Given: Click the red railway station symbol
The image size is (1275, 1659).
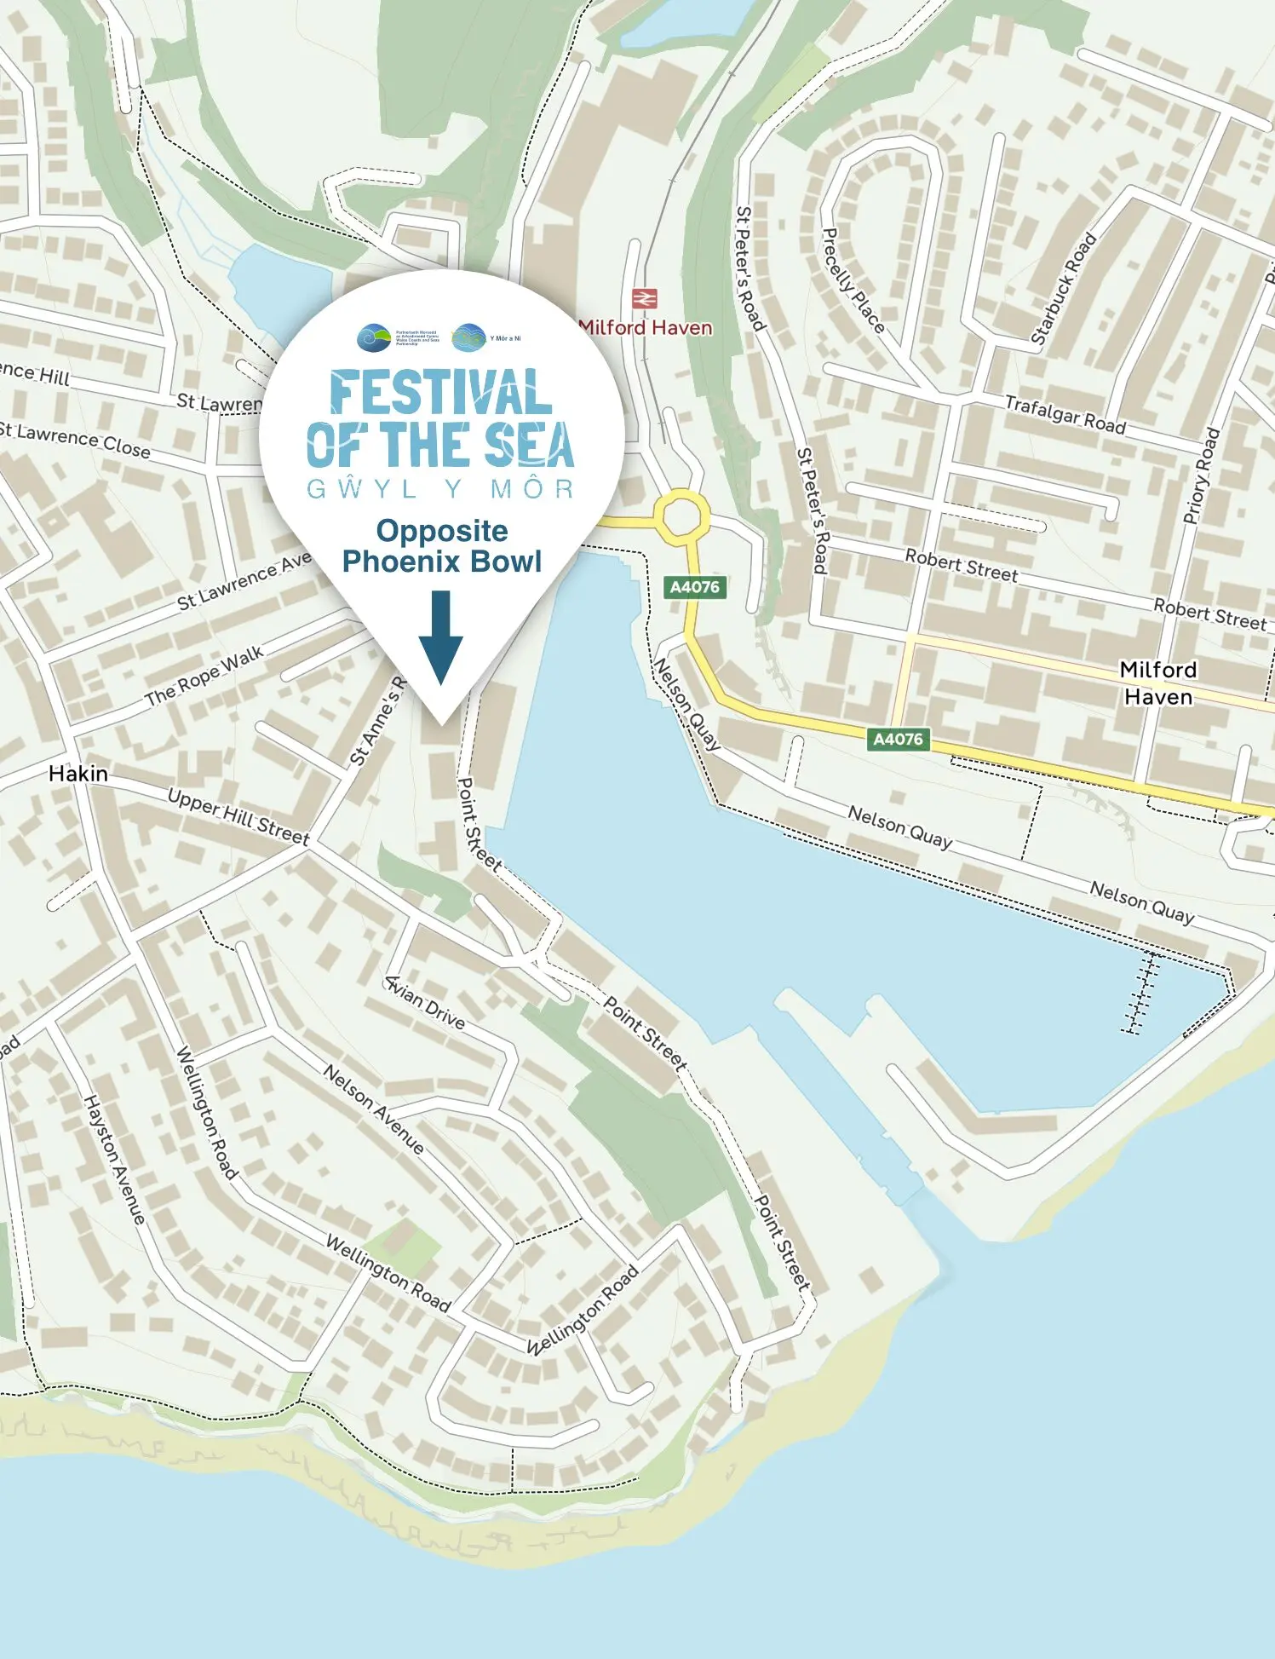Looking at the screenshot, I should (644, 299).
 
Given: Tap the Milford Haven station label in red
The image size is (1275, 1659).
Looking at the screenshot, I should (645, 327).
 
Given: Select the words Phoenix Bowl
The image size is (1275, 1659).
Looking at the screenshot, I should (441, 562).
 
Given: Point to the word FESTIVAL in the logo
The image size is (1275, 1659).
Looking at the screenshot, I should (440, 393).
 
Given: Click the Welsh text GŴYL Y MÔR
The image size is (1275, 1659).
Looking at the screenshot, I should (440, 489).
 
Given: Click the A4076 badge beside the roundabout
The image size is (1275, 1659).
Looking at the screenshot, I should (694, 587).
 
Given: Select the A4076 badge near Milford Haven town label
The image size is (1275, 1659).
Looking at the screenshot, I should (898, 739).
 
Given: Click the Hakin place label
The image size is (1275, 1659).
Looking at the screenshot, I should (78, 774).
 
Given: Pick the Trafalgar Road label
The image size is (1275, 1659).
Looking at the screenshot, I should (1065, 414).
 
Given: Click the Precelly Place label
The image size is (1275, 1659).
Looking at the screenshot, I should (853, 280).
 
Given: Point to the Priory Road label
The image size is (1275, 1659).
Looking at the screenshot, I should (1201, 475).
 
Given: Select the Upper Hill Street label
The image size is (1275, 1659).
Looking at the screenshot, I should (238, 817).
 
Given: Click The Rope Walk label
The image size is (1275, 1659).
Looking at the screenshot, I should (204, 677).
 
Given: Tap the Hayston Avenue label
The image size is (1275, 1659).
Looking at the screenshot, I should (114, 1159).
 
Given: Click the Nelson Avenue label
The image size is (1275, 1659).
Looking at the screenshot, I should (373, 1109).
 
